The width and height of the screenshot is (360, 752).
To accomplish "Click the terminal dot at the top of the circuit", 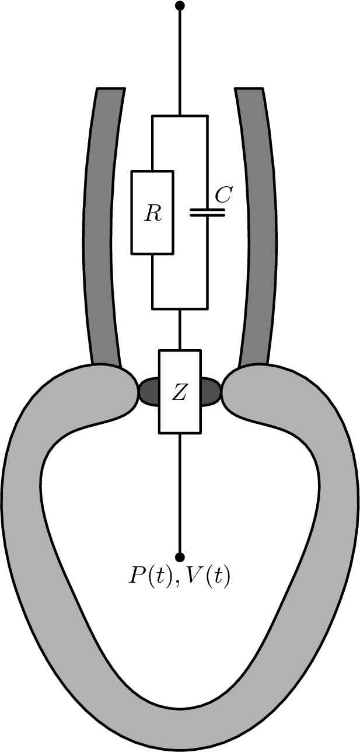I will click(180, 6).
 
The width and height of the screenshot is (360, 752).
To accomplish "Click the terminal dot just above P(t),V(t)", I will click(180, 556).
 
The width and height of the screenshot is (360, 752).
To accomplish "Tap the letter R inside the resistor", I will click(153, 214).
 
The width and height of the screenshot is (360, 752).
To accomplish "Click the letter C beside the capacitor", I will click(223, 196).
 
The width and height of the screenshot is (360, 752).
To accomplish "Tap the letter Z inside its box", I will click(180, 393).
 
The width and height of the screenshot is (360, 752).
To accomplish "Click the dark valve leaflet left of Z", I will click(149, 391).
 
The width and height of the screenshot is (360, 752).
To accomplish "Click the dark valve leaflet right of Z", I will click(211, 391).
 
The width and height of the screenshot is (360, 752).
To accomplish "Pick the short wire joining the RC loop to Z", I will click(180, 329).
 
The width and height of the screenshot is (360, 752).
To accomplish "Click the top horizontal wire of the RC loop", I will click(180, 116).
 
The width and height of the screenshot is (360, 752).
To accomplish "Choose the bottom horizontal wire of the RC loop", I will click(180, 308).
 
